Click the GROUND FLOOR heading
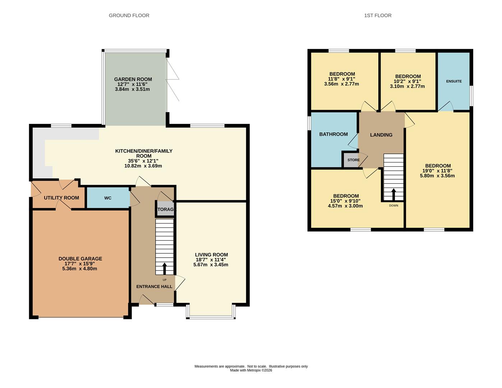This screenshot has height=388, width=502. pyautogui.click(x=129, y=15)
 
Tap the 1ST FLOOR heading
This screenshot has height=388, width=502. pyautogui.click(x=378, y=15)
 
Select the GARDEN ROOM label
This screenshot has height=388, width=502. pyautogui.click(x=133, y=79)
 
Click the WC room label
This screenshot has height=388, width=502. pyautogui.click(x=108, y=198)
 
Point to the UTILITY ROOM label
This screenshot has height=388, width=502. pyautogui.click(x=61, y=198)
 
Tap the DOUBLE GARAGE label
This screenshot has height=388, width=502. pyautogui.click(x=80, y=259)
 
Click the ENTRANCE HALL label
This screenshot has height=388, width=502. pyautogui.click(x=154, y=287)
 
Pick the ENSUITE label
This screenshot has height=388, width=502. pyautogui.click(x=454, y=81)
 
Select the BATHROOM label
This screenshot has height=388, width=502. pyautogui.click(x=333, y=134)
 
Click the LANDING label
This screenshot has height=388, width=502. pyautogui.click(x=381, y=135)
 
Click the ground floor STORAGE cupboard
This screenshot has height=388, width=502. pyautogui.click(x=165, y=209)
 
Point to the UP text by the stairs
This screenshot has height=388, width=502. pyautogui.click(x=165, y=280)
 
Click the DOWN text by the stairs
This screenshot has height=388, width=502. pyautogui.click(x=393, y=205)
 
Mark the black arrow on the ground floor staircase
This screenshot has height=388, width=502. pyautogui.click(x=165, y=268)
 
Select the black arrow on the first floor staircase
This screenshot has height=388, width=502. pyautogui.click(x=393, y=194)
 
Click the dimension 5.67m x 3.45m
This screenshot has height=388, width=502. pyautogui.click(x=211, y=265)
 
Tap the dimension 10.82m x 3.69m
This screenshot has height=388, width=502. pyautogui.click(x=143, y=166)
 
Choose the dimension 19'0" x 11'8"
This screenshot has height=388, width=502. pyautogui.click(x=437, y=171)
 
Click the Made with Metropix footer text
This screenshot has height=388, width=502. pyautogui.click(x=251, y=370)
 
